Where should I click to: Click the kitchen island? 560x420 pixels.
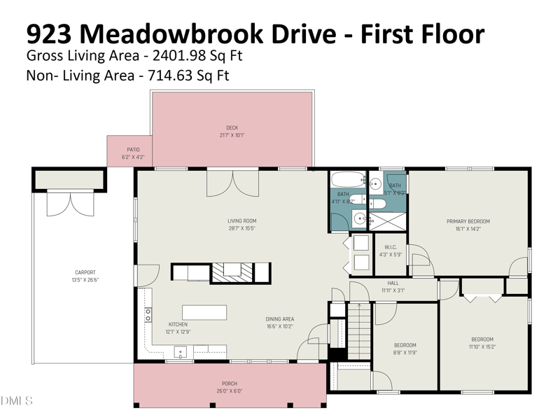204,311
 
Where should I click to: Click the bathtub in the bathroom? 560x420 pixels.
346,179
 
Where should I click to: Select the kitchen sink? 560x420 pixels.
180,352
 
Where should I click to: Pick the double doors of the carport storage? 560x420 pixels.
69,203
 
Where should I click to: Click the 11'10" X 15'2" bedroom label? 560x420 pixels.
482,343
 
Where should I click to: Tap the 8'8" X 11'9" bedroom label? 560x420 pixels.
405,349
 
